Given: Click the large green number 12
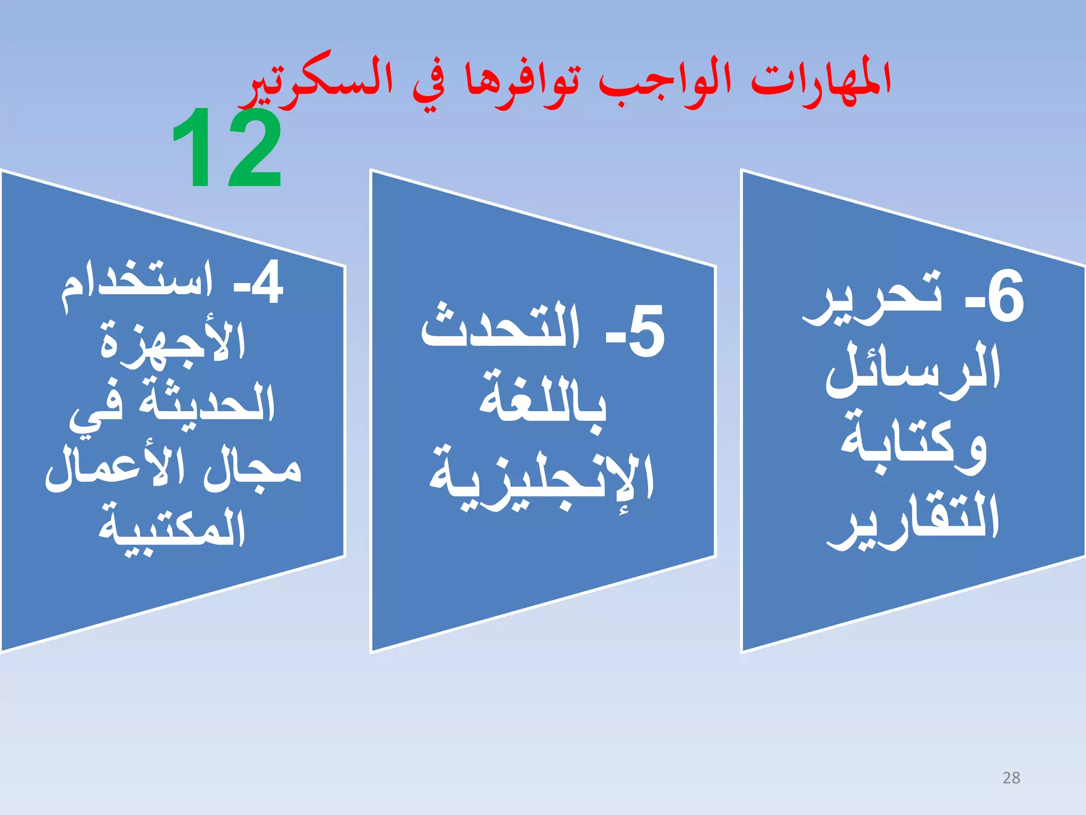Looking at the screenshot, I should point(227,149).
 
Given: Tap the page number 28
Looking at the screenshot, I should point(1011,778).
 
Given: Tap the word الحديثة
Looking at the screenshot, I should point(207,403).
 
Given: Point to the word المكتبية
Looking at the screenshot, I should point(172,531).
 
